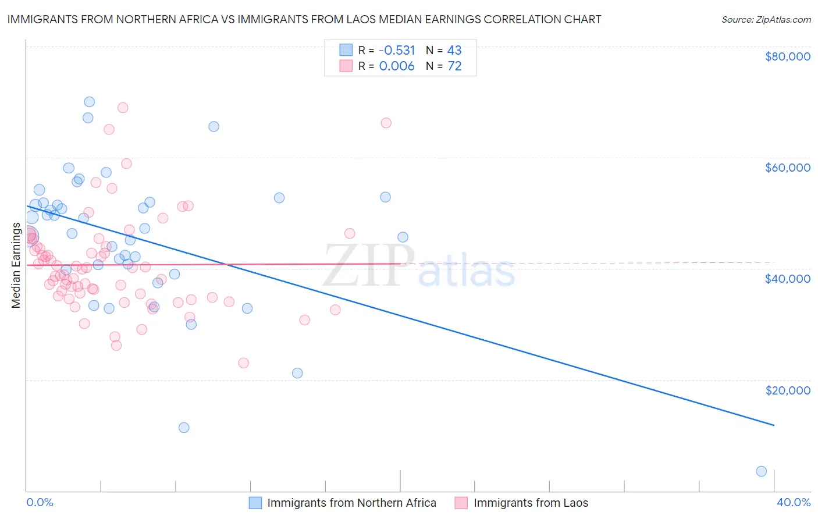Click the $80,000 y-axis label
(x=787, y=56)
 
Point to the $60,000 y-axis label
(x=787, y=168)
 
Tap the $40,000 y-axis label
(x=787, y=279)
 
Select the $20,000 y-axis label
(x=787, y=390)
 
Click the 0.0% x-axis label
(x=40, y=502)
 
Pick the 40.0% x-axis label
(x=793, y=502)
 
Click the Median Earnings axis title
(x=16, y=265)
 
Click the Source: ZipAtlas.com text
(x=766, y=19)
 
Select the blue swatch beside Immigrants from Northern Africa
(x=255, y=503)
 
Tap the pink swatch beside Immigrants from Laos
(x=461, y=503)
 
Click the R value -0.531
(x=397, y=50)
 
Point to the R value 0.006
(x=397, y=66)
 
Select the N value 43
(x=454, y=50)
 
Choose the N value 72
(x=454, y=66)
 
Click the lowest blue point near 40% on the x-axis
(x=761, y=471)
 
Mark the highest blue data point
(x=89, y=102)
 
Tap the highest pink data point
(x=123, y=108)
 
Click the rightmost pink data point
(x=386, y=123)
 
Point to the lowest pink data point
(x=244, y=363)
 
